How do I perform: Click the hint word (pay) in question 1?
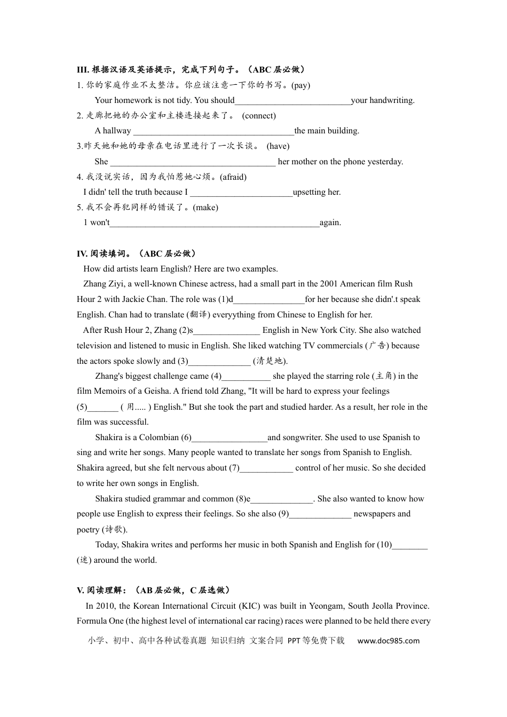(x=300, y=85)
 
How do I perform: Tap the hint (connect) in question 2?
(x=259, y=116)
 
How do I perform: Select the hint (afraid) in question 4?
(x=233, y=177)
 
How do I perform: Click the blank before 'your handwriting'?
(x=292, y=101)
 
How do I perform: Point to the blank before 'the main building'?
(x=213, y=131)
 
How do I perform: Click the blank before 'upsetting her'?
(x=241, y=193)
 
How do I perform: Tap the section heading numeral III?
(x=83, y=69)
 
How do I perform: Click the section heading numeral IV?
(x=82, y=254)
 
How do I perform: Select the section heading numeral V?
(x=81, y=590)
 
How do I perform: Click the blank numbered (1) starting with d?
(x=269, y=300)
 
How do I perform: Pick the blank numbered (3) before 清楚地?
(x=219, y=362)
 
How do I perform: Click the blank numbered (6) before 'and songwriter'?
(x=229, y=438)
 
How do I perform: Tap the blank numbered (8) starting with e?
(x=282, y=499)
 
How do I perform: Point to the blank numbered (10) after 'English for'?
(x=410, y=545)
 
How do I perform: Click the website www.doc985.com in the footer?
(x=388, y=641)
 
